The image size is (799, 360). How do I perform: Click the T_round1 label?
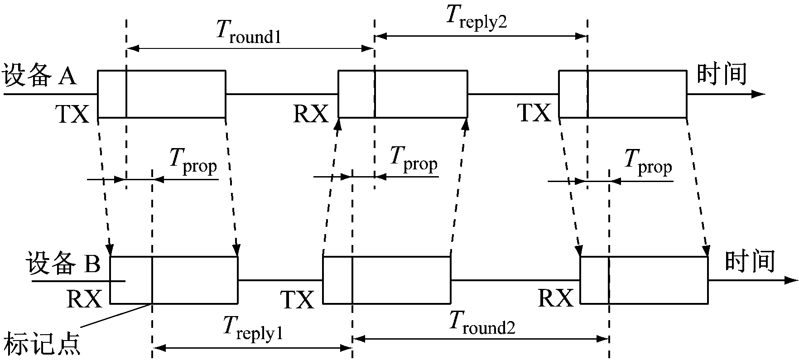pyautogui.click(x=248, y=33)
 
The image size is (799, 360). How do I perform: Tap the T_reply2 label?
pyautogui.click(x=476, y=18)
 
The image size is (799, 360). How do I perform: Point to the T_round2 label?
pyautogui.click(x=482, y=323)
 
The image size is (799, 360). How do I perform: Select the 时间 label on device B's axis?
pyautogui.click(x=750, y=261)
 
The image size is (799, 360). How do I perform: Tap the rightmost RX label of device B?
pyautogui.click(x=556, y=299)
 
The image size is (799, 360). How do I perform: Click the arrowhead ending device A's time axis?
pyautogui.click(x=758, y=94)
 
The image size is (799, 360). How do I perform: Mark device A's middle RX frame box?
pyautogui.click(x=403, y=94)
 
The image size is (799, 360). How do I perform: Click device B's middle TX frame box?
pyautogui.click(x=386, y=280)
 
